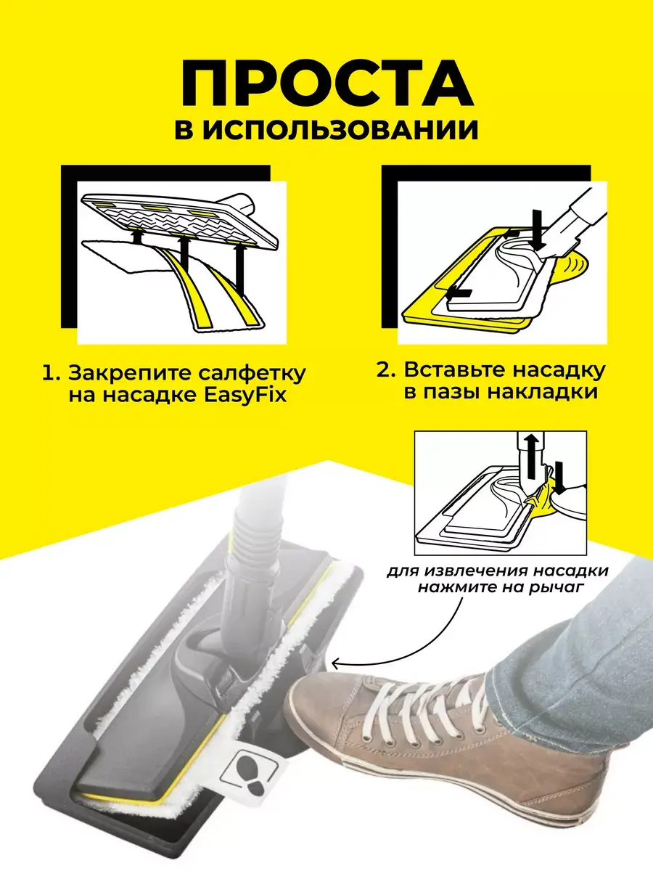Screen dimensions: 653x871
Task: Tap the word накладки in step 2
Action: pyautogui.click(x=543, y=393)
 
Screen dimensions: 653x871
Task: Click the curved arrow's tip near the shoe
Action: pyautogui.click(x=332, y=662)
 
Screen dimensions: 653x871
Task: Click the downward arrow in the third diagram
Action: pyautogui.click(x=559, y=478)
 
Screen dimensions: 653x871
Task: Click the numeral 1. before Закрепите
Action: pyautogui.click(x=51, y=375)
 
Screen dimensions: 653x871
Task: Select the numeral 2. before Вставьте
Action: pyautogui.click(x=386, y=370)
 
